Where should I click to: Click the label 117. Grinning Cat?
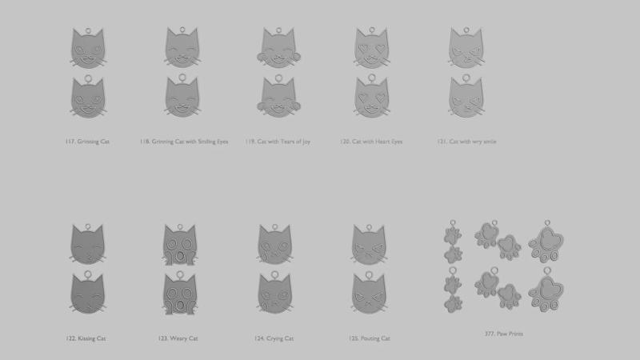coord(87,142)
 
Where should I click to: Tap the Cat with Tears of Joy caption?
coord(284,142)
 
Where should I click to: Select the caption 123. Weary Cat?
coord(178,338)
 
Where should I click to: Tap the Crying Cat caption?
coord(279,338)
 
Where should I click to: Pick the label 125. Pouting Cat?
coord(370,338)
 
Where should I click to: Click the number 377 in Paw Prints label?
coord(490,334)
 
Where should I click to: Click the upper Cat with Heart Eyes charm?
coord(372,48)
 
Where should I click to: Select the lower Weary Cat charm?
coord(180,293)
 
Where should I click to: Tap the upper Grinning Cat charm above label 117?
coord(88,48)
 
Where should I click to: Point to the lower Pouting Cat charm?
coord(369,293)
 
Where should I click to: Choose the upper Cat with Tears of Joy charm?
coord(278,48)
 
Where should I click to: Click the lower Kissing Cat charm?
coord(88,292)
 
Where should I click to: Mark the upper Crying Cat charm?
coord(274,244)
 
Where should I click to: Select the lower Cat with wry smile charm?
coord(466,96)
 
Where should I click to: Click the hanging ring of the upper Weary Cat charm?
coord(180,227)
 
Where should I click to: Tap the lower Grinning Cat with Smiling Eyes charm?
coord(182,96)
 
